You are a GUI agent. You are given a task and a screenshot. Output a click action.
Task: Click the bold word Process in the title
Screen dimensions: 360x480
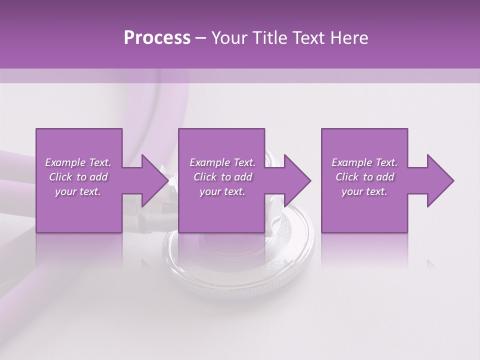click(157, 38)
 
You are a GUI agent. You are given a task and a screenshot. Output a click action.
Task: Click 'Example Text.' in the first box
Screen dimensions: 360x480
click(78, 162)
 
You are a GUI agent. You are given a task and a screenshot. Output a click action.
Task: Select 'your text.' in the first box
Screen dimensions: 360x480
click(78, 191)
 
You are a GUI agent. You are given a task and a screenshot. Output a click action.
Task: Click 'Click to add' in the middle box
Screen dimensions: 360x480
click(222, 177)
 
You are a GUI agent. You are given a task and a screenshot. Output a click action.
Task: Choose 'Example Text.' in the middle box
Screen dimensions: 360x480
click(222, 162)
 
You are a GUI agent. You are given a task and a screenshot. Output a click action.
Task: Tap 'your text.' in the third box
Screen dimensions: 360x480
click(364, 191)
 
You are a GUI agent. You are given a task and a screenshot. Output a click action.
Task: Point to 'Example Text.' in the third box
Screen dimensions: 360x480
click(364, 162)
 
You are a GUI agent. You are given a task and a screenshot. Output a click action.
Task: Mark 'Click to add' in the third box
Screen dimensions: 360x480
click(364, 177)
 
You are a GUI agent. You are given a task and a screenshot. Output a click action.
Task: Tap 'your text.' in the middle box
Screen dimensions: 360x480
click(222, 191)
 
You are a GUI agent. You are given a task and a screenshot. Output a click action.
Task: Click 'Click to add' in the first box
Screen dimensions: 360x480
click(78, 177)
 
